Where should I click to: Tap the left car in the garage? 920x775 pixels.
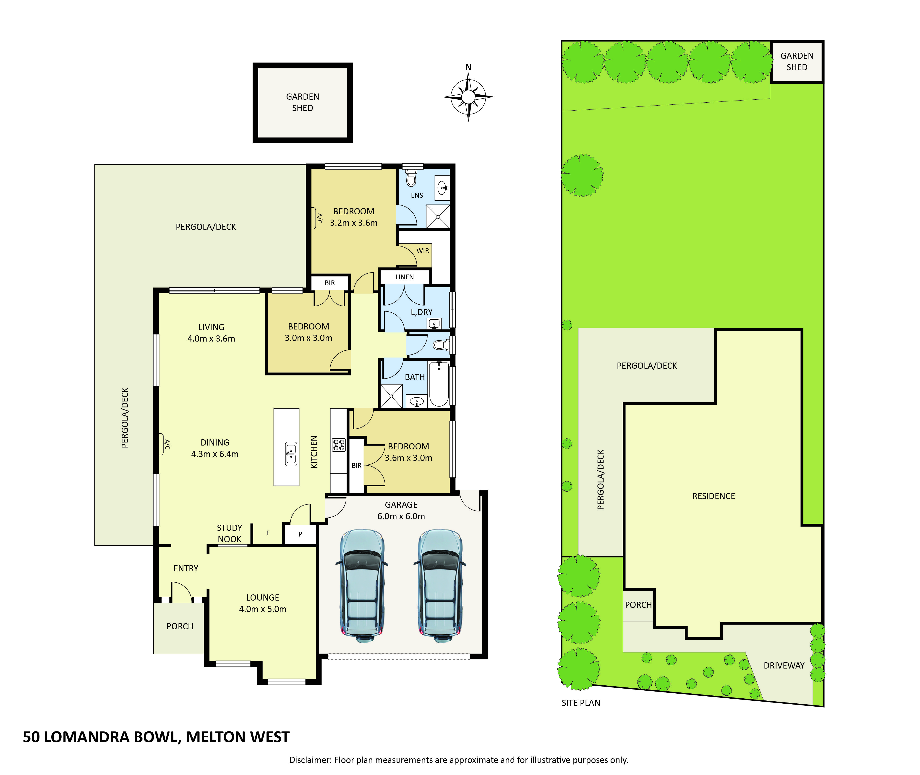coord(362,586)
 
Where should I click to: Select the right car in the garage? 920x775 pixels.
coord(439,586)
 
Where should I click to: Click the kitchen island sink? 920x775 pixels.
coord(290,454)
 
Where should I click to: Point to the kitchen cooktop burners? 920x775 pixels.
coord(338,445)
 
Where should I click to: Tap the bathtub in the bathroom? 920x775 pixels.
coord(439,384)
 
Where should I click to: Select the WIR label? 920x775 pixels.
coord(423,251)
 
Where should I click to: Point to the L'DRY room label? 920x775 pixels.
coord(421,312)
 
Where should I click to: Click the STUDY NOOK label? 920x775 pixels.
coord(230,533)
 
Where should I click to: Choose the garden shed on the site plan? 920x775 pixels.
coord(797,62)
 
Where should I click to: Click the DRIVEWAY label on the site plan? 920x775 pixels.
coord(784,666)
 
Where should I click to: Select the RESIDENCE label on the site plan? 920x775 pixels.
coord(714,496)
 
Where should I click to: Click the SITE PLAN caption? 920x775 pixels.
coord(581,703)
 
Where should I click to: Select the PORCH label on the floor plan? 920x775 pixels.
coord(180,626)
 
